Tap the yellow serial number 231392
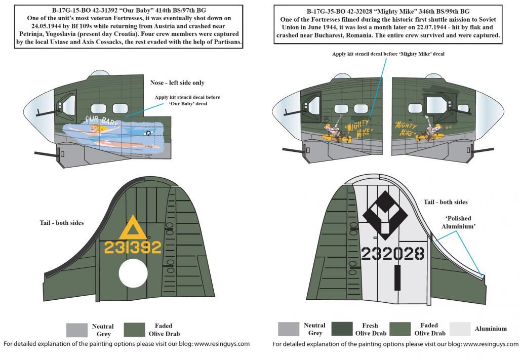(x=132, y=247)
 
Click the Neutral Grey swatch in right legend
(x=289, y=329)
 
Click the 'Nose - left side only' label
(x=177, y=83)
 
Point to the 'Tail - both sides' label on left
(x=62, y=223)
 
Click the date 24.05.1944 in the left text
(x=32, y=26)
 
